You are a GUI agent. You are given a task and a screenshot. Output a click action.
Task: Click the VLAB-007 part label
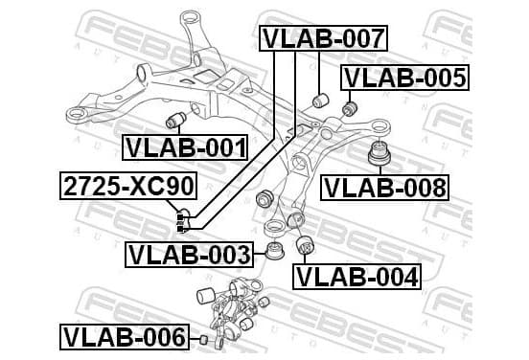(323, 38)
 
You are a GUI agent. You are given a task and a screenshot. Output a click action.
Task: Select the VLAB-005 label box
(404, 78)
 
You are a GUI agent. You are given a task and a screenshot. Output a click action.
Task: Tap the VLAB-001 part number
(185, 147)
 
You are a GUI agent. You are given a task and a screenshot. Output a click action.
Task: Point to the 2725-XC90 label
(128, 187)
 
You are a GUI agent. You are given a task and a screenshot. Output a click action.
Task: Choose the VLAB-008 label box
(384, 188)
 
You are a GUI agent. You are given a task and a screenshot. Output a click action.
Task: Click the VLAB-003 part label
(189, 255)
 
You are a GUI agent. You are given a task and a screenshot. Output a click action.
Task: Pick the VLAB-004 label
(356, 277)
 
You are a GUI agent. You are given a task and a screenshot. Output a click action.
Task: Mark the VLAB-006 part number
(125, 337)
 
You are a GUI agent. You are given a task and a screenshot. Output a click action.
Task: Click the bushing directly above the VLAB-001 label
(176, 120)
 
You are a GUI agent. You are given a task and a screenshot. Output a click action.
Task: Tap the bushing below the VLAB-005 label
(350, 108)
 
